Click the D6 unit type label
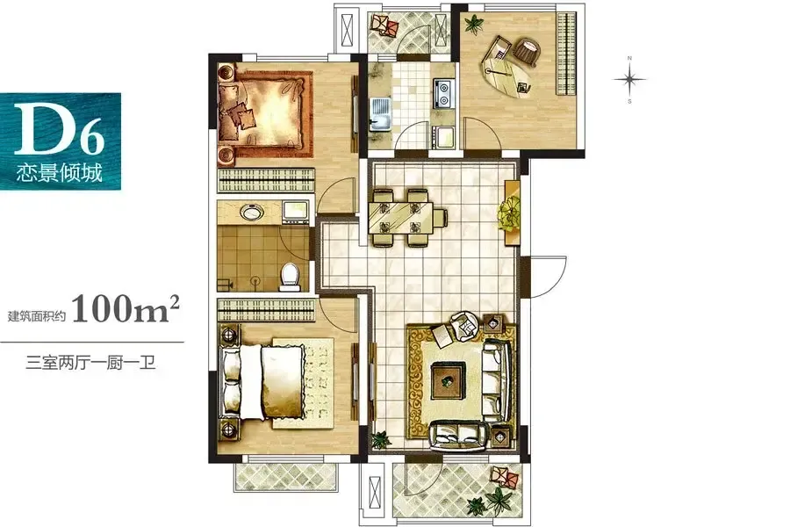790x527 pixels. [x=60, y=129]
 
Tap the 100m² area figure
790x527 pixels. [x=126, y=308]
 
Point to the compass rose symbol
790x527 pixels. [x=629, y=80]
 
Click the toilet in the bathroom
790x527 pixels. [x=290, y=277]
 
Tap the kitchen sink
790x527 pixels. [x=380, y=114]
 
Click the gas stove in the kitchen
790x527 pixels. [x=443, y=94]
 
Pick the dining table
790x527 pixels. [x=400, y=217]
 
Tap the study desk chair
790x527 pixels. [x=528, y=53]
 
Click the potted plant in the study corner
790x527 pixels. [x=473, y=24]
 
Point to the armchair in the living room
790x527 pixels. [x=465, y=325]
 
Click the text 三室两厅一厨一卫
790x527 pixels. [x=90, y=363]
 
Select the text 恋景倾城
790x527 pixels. [x=60, y=173]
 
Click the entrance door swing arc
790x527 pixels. [x=555, y=277]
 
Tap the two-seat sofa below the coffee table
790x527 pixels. [x=460, y=435]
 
